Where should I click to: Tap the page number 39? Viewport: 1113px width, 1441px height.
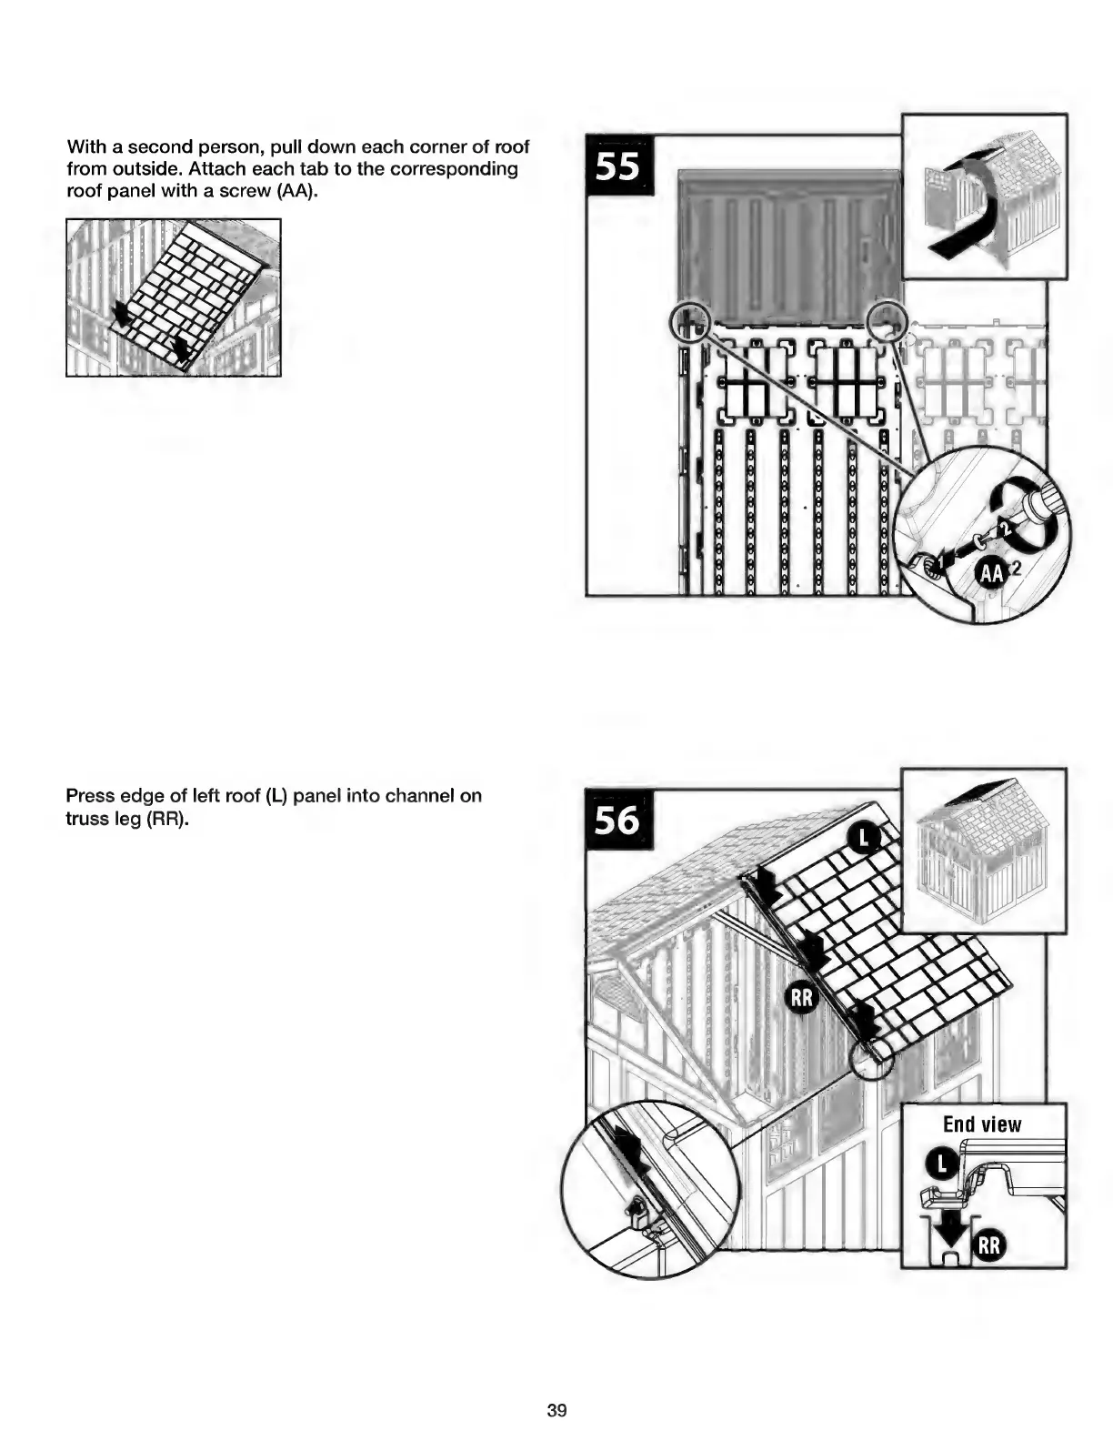coord(556,1410)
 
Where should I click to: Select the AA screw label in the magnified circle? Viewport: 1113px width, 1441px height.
coord(993,572)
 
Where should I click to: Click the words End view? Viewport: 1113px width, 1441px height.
coord(982,1124)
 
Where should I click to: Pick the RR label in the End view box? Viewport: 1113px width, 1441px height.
coord(989,1244)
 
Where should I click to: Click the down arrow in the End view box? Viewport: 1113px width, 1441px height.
coord(952,1229)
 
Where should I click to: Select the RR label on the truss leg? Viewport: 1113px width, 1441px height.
coord(801,999)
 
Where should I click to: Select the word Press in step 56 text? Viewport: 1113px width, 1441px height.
coord(90,796)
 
